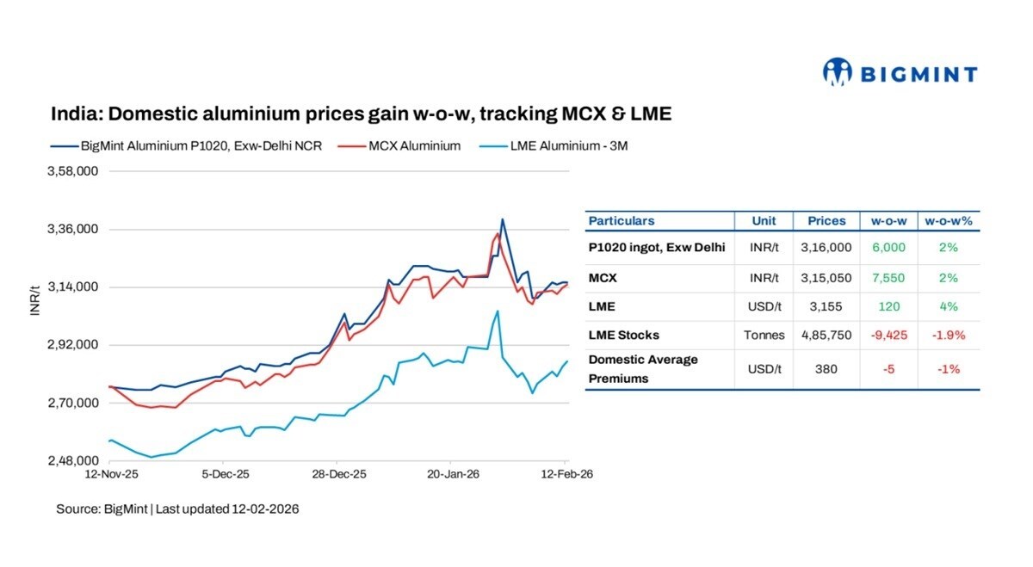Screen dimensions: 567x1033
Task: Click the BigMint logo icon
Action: click(837, 72)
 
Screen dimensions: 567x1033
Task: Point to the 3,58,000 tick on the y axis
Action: click(74, 171)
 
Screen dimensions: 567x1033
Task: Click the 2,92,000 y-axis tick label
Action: click(74, 345)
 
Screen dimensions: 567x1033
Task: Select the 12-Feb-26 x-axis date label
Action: click(566, 473)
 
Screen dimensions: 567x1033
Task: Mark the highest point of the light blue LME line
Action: click(498, 311)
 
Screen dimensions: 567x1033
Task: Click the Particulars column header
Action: click(622, 221)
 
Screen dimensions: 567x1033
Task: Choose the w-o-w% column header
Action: click(948, 221)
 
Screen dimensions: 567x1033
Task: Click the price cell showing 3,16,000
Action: click(826, 247)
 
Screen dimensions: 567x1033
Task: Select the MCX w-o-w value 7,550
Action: click(888, 278)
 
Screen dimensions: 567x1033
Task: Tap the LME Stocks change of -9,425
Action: click(888, 335)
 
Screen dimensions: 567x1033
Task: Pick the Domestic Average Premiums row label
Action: click(643, 368)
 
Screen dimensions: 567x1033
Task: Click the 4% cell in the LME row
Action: click(948, 306)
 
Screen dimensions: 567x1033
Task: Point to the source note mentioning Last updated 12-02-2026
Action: click(177, 509)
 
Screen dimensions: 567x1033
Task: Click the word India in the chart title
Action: click(75, 114)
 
